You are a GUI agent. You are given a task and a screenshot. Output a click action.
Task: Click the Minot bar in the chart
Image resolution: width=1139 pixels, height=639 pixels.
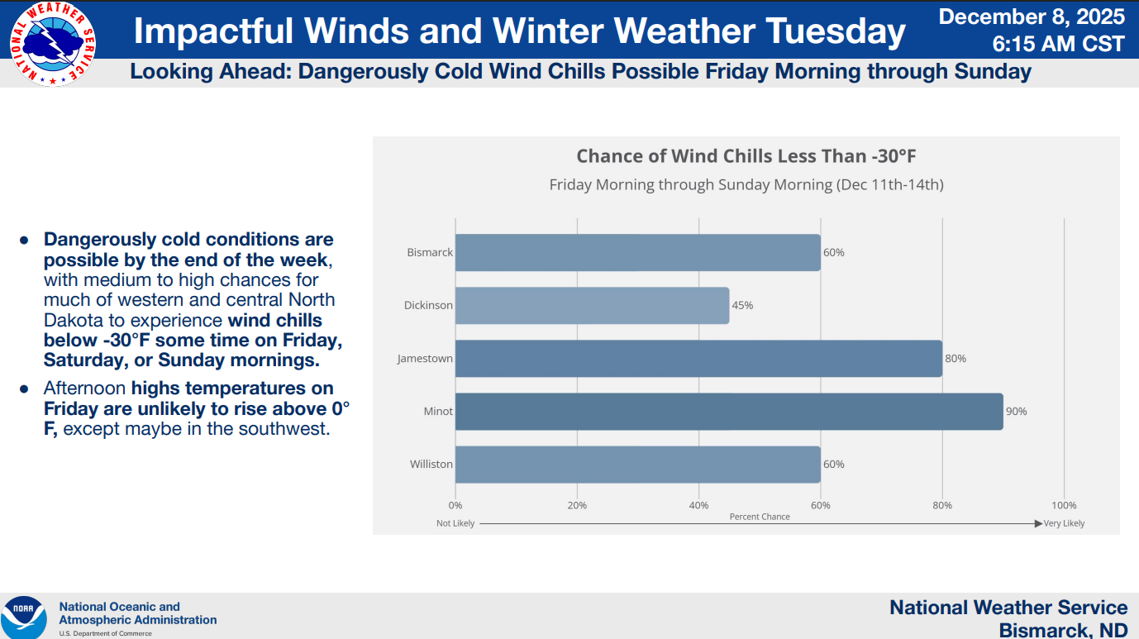(728, 412)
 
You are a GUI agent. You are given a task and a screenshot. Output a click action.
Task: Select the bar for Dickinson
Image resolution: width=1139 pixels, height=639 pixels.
(592, 306)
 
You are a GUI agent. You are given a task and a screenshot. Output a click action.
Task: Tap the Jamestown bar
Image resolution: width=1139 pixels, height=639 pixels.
(698, 359)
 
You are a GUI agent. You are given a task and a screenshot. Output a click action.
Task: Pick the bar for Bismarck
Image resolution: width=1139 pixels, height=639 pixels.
(637, 253)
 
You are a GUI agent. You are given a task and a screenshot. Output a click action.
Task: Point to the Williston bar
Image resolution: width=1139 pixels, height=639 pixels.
(637, 465)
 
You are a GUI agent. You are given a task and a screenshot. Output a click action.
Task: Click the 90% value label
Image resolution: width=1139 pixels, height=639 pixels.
(1016, 412)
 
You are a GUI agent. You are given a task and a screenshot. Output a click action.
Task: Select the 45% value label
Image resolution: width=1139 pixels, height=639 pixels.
(742, 306)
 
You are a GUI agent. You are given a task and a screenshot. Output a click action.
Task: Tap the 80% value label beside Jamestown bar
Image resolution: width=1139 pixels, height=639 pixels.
(956, 359)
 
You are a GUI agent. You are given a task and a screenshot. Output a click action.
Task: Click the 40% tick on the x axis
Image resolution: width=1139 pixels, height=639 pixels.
(698, 505)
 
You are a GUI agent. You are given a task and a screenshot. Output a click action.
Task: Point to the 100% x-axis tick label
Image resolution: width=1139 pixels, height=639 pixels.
(1064, 505)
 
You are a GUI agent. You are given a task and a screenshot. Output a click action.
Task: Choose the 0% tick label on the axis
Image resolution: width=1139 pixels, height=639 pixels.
(455, 505)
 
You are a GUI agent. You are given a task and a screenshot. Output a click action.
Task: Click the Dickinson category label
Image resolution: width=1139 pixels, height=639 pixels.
(428, 306)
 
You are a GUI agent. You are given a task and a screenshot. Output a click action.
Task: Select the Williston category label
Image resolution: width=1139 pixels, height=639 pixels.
(431, 465)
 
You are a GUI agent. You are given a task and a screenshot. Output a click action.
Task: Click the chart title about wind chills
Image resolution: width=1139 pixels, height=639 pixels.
(746, 156)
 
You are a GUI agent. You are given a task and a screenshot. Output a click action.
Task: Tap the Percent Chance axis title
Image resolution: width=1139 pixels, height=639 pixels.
(760, 517)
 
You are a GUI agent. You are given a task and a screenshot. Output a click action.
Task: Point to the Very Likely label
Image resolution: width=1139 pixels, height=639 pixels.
(1064, 523)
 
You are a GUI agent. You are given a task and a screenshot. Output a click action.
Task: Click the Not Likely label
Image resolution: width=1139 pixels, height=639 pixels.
(455, 523)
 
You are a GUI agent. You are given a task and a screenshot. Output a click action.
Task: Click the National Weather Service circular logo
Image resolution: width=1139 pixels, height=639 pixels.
(52, 44)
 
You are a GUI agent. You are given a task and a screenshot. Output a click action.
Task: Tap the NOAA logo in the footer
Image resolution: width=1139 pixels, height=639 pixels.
(24, 617)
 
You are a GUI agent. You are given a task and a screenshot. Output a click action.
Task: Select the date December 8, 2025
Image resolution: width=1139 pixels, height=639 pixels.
(1032, 17)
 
